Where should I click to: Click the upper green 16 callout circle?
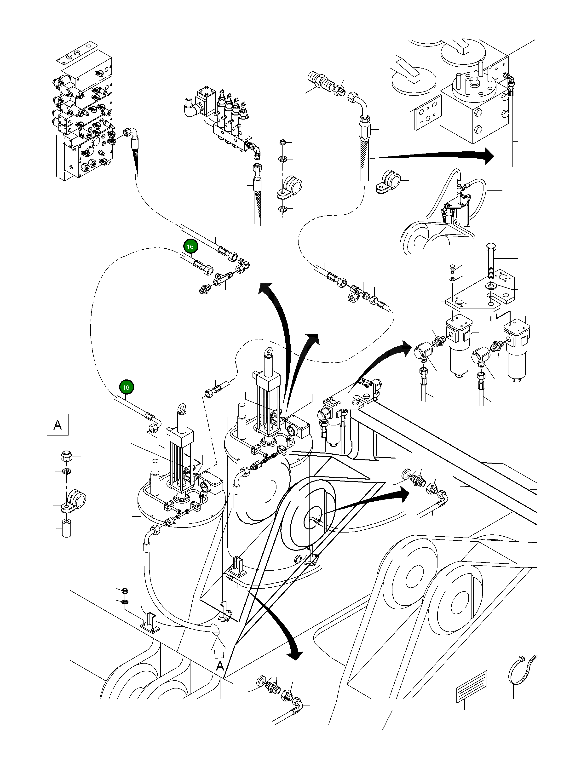pos(190,247)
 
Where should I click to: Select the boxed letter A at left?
pos(58,424)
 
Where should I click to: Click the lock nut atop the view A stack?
pos(66,456)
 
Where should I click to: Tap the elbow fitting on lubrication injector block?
pos(257,149)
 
